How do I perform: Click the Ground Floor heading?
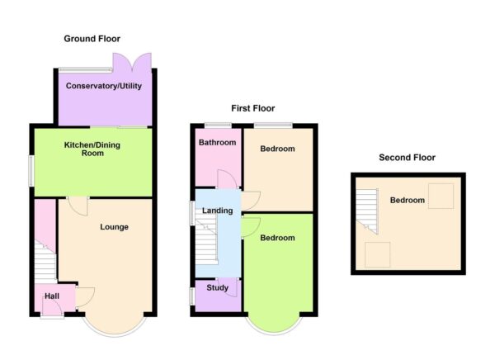(x=92, y=39)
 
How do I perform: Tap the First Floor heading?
(x=253, y=108)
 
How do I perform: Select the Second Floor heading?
(x=407, y=158)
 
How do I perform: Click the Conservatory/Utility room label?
(x=104, y=86)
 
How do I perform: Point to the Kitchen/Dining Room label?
(x=92, y=149)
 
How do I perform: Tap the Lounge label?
(x=115, y=227)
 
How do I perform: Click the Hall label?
(x=52, y=296)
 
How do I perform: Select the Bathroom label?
(x=218, y=143)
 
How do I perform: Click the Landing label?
(x=218, y=211)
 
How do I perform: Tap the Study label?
(x=218, y=287)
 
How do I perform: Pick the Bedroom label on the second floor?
(x=408, y=200)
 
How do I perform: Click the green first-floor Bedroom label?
(x=277, y=238)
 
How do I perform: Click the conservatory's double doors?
(x=132, y=62)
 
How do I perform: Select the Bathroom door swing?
(x=227, y=179)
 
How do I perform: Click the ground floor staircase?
(x=45, y=262)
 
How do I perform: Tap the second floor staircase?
(x=367, y=211)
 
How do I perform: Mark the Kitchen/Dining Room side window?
(x=31, y=171)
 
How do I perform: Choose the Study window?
(x=191, y=296)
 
